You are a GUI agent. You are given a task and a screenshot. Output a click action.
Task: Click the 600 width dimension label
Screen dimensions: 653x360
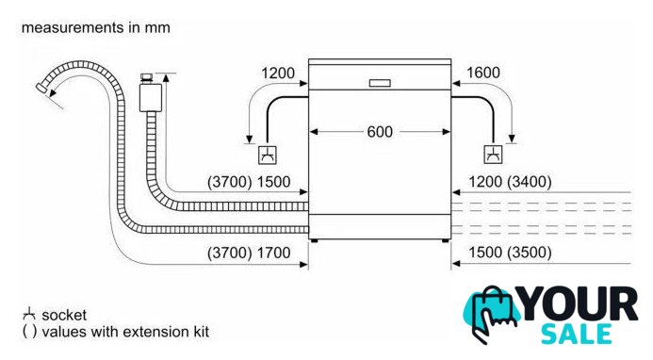point(380,132)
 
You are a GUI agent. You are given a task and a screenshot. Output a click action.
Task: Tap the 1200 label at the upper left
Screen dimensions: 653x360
point(278,74)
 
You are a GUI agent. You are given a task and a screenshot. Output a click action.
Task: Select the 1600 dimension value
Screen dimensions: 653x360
point(483,73)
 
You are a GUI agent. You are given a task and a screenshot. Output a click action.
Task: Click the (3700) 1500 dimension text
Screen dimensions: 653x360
point(249,182)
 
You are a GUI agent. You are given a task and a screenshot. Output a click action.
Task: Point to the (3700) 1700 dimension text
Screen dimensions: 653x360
point(249,253)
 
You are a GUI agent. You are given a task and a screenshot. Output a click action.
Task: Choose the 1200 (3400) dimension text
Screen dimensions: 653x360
point(510,182)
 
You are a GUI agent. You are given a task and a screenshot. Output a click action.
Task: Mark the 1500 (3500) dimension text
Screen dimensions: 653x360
point(510,252)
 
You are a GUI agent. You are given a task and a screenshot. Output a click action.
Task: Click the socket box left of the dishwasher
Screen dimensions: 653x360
point(268,155)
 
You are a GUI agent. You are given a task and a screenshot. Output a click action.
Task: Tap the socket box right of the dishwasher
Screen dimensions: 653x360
point(493,155)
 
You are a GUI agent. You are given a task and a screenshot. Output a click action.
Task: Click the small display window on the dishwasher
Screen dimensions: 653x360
point(380,83)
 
